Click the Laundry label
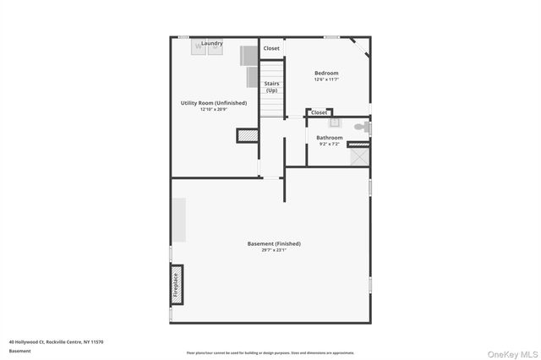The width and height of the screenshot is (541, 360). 211,43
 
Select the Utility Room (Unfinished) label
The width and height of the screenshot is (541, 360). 214,103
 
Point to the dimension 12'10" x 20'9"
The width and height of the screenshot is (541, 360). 214,109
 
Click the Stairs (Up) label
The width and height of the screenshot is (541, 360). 271,86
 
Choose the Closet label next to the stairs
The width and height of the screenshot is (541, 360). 271,48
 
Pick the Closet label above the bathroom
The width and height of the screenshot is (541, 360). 319,112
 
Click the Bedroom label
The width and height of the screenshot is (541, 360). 326,74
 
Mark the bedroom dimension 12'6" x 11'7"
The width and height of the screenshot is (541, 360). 326,79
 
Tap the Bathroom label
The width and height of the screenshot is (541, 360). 330,138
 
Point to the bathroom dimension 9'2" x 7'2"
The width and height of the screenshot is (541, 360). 330,144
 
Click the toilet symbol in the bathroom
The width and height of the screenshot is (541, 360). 362,128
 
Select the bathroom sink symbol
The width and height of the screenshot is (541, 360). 322,122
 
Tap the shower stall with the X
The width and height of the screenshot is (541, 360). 359,155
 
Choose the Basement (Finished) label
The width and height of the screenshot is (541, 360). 274,243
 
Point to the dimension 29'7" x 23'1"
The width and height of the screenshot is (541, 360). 274,249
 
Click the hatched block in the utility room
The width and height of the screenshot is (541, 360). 247,135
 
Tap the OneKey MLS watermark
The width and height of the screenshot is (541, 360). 515,352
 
